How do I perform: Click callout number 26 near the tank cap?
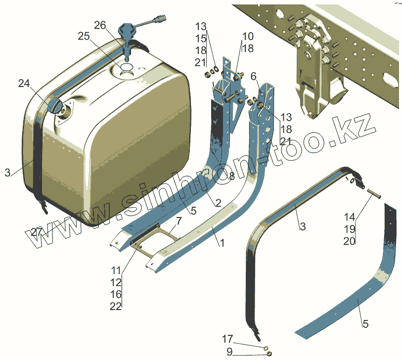[x=100, y=25]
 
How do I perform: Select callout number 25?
[x=85, y=37]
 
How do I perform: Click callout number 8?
[x=231, y=176]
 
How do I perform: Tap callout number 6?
[x=253, y=76]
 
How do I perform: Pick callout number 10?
[x=247, y=37]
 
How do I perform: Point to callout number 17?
[x=227, y=339]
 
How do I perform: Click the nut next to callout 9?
[x=269, y=353]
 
